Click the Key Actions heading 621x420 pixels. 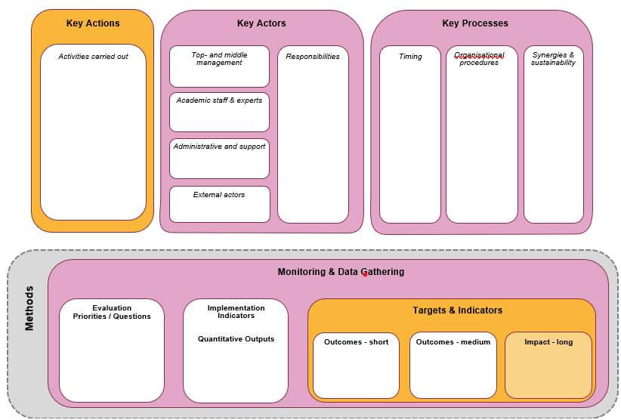coord(93,23)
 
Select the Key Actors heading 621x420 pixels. coord(261,23)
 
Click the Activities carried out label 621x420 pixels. coord(94,57)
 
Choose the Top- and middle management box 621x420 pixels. coord(219,66)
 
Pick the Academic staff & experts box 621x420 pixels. coord(219,112)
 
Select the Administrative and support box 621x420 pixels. coord(219,158)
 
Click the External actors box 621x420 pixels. coord(219,204)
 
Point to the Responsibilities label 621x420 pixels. coord(313,57)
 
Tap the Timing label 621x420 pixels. coord(410,57)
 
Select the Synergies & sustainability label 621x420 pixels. coord(553,59)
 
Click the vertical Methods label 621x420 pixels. coord(29,308)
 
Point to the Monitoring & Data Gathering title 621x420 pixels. coord(341,272)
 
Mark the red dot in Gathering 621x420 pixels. coord(365,275)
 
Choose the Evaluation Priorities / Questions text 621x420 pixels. coord(112,312)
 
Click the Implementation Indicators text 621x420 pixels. coord(236,312)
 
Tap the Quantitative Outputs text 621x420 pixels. coord(236,339)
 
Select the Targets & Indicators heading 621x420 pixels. coord(457,310)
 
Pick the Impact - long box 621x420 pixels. coord(548,365)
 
